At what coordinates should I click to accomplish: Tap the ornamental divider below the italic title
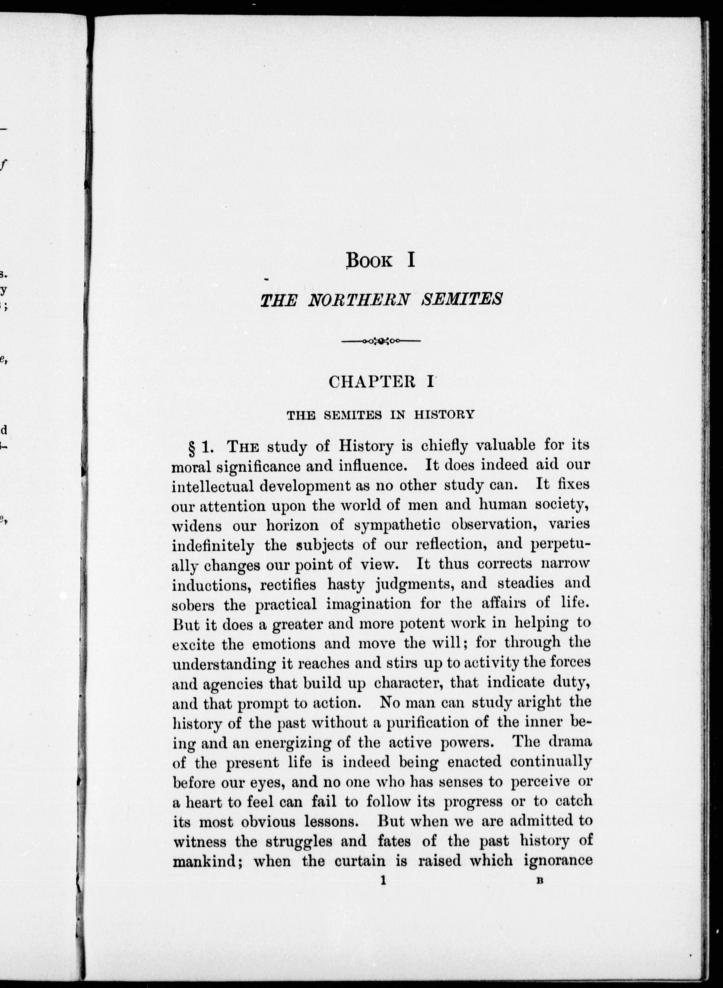click(x=381, y=341)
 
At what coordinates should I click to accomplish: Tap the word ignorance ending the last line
click(x=558, y=861)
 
